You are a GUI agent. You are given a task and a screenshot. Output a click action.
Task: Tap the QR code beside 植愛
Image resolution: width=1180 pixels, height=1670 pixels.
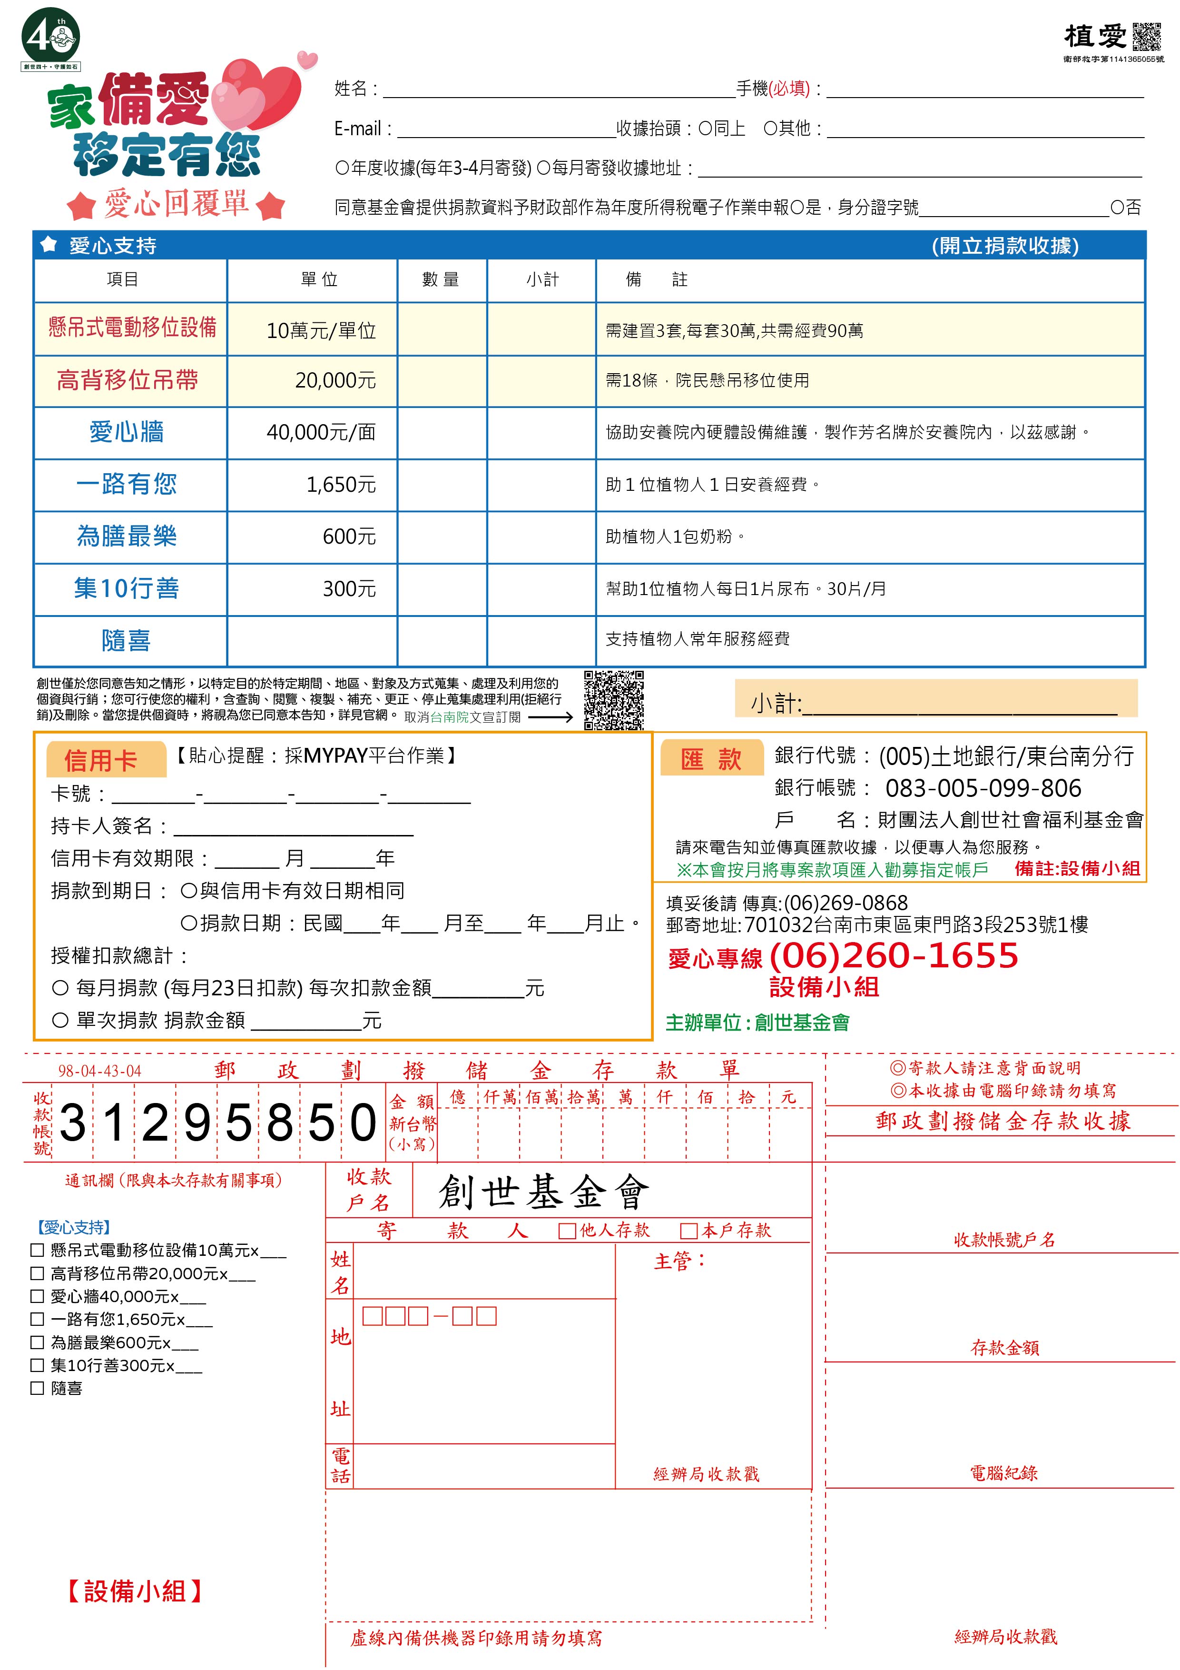(1147, 36)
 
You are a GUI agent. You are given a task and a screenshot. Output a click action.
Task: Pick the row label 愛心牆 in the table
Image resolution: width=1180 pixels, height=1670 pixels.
(127, 432)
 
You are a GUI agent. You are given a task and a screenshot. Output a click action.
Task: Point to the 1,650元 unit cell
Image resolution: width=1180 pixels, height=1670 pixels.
(341, 485)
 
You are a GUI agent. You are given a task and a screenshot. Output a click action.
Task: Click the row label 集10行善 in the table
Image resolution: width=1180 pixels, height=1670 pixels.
(127, 588)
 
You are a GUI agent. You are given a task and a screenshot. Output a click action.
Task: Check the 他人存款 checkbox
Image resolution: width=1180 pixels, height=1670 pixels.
(567, 1231)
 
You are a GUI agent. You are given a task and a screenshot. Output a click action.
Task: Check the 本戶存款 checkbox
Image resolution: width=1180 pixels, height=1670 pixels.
(688, 1231)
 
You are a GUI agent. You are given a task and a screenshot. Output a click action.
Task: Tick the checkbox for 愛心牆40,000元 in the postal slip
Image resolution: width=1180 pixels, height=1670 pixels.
(37, 1297)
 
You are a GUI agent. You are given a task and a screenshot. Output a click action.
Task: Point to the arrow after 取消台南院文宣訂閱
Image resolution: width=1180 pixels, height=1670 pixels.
(551, 717)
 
